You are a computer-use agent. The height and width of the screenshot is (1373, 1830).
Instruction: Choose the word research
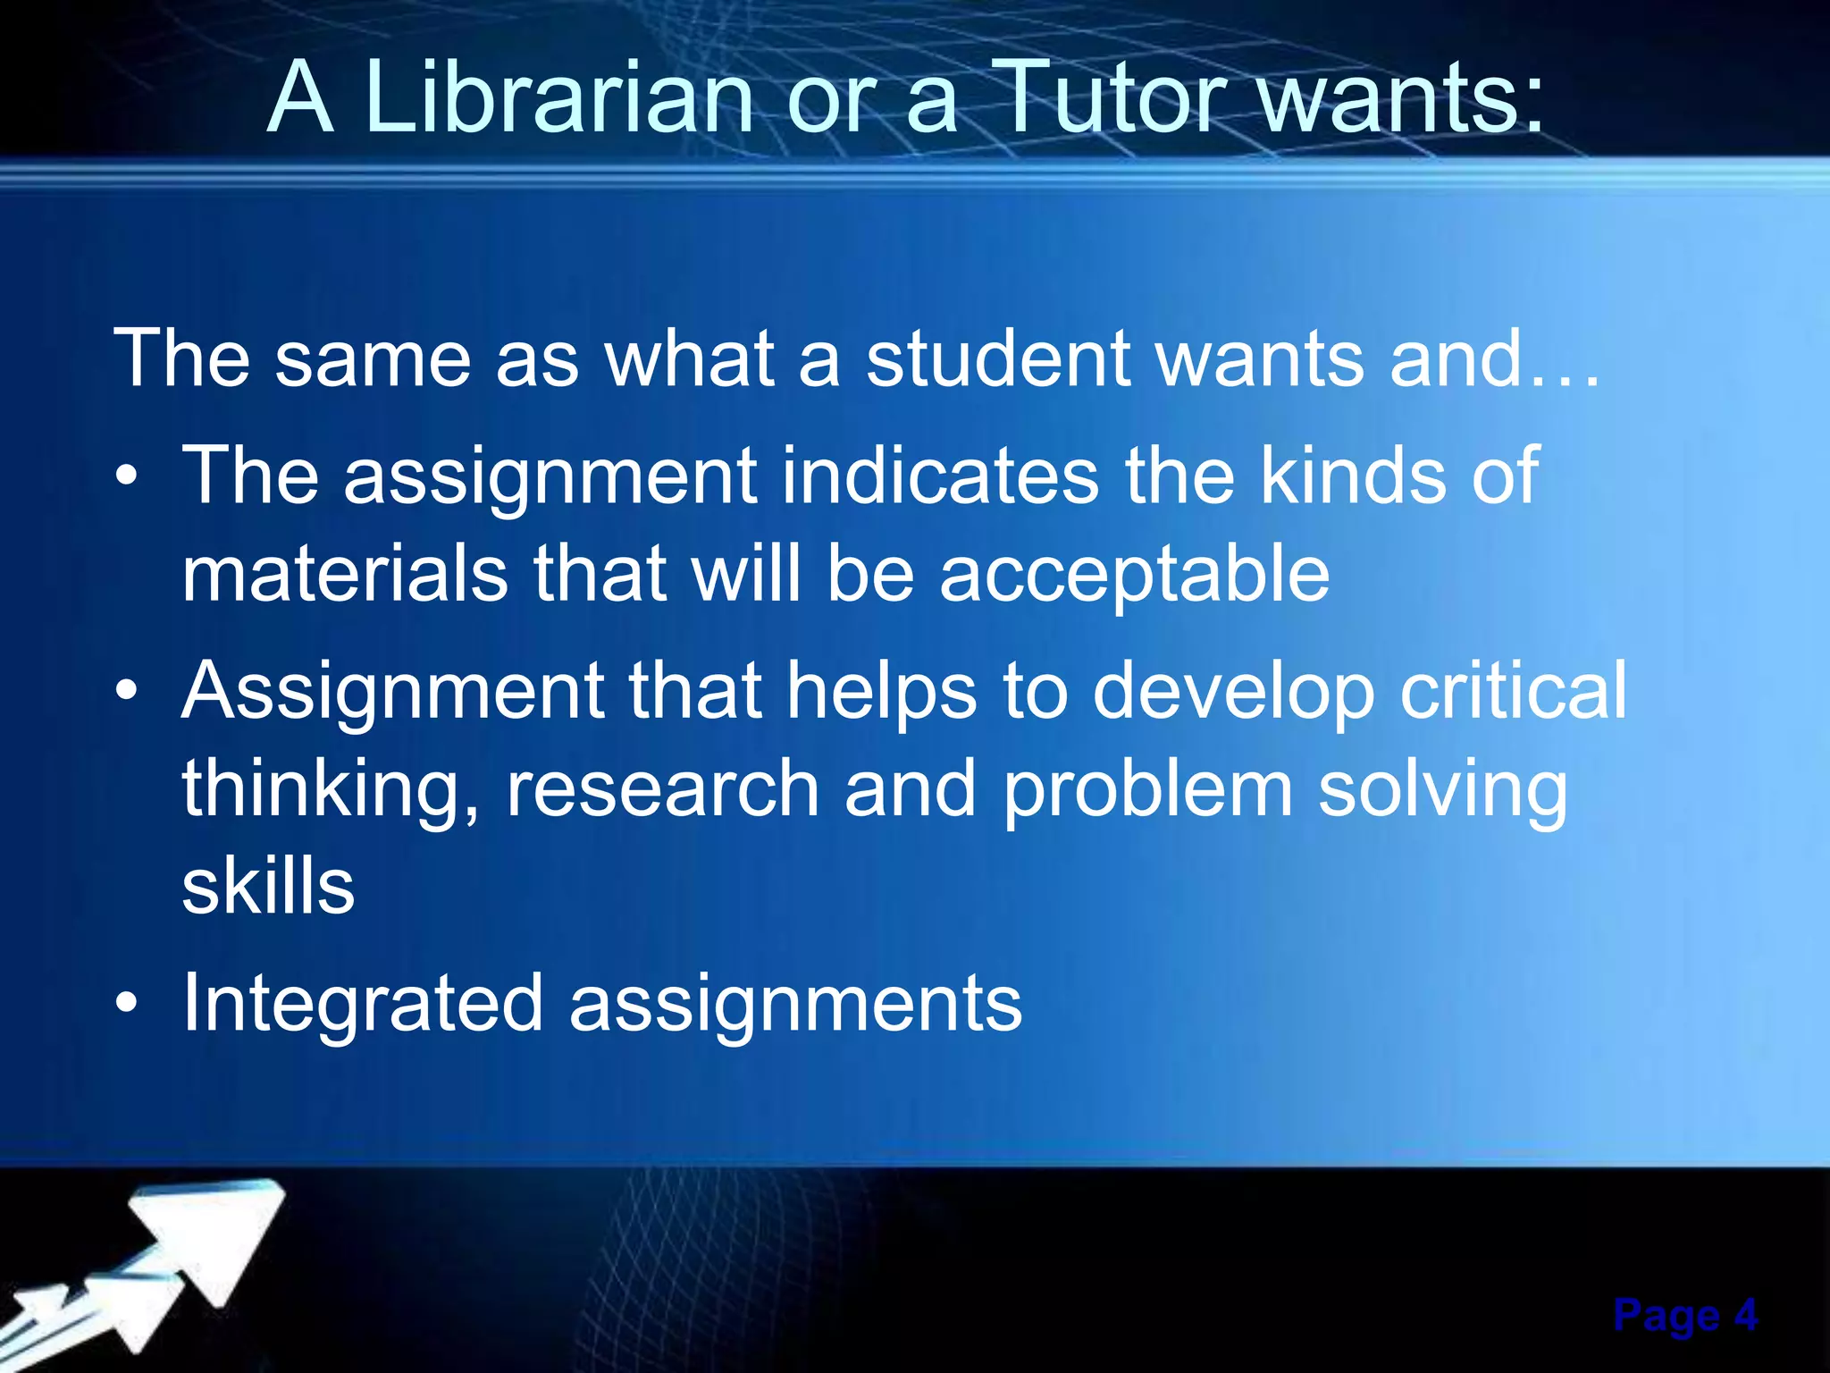point(662,790)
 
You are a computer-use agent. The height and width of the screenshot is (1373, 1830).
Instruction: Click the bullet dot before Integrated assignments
point(127,1003)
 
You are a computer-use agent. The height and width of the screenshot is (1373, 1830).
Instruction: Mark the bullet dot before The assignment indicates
point(127,476)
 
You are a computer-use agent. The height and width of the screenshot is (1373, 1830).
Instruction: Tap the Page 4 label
point(1685,1316)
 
